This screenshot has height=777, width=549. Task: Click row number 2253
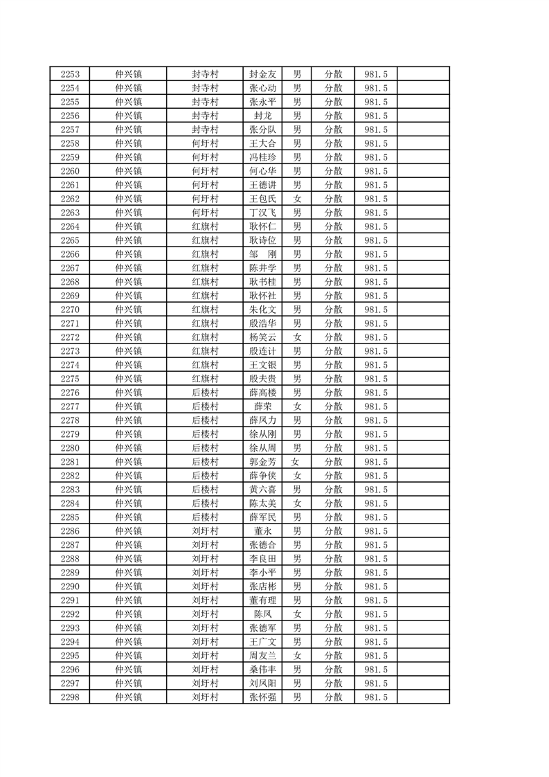point(70,74)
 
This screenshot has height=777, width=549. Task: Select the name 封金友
point(263,74)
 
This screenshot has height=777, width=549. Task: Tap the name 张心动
point(263,88)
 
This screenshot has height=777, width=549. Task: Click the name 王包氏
point(263,199)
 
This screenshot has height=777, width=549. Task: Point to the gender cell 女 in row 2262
point(297,199)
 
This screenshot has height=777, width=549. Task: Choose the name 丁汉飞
point(263,213)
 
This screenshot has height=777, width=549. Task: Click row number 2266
point(70,254)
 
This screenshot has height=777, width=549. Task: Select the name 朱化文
point(263,310)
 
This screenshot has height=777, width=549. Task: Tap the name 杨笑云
point(263,337)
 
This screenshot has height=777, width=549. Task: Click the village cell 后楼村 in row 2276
point(205,393)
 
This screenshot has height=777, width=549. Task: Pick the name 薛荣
point(263,407)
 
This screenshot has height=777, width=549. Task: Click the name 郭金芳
point(263,462)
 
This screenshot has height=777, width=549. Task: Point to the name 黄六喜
point(263,490)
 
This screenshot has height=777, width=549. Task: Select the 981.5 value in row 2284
point(376,503)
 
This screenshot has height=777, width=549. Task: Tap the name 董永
point(263,531)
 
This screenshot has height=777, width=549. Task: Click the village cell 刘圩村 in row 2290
point(205,587)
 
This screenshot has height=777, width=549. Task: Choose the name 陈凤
point(263,614)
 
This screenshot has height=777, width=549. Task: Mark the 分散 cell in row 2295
point(334,656)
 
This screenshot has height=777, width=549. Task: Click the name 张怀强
point(263,697)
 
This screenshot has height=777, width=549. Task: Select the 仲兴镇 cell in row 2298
point(129,697)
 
